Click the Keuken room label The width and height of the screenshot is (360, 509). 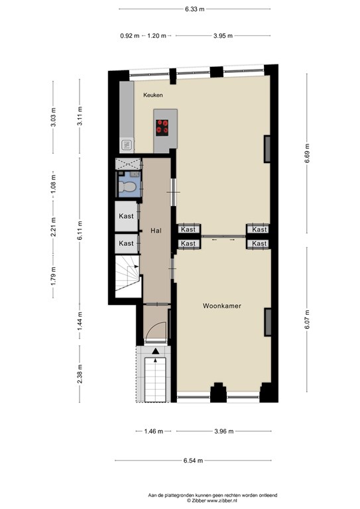[x=153, y=95]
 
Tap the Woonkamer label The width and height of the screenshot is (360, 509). [x=222, y=306]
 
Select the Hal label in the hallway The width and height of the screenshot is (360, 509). [x=156, y=231]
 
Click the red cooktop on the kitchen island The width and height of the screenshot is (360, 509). [x=162, y=127]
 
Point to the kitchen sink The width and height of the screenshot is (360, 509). [x=127, y=144]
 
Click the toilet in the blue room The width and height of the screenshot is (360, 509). [x=127, y=188]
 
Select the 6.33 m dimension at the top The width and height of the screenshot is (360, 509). [x=195, y=9]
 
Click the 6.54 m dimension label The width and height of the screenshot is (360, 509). [x=193, y=461]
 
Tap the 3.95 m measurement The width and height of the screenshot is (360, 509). [x=223, y=36]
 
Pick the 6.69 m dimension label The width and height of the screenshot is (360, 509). [x=307, y=154]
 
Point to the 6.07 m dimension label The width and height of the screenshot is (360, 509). [x=307, y=319]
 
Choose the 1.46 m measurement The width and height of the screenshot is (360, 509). [x=154, y=431]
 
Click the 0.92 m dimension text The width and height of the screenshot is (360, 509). [x=130, y=36]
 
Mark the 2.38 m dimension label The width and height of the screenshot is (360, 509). [x=80, y=374]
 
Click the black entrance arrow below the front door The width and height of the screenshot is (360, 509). [x=156, y=351]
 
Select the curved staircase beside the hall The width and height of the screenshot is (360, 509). [x=127, y=276]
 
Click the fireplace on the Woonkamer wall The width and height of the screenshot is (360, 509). [x=267, y=322]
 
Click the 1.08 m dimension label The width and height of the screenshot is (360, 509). [x=54, y=184]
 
